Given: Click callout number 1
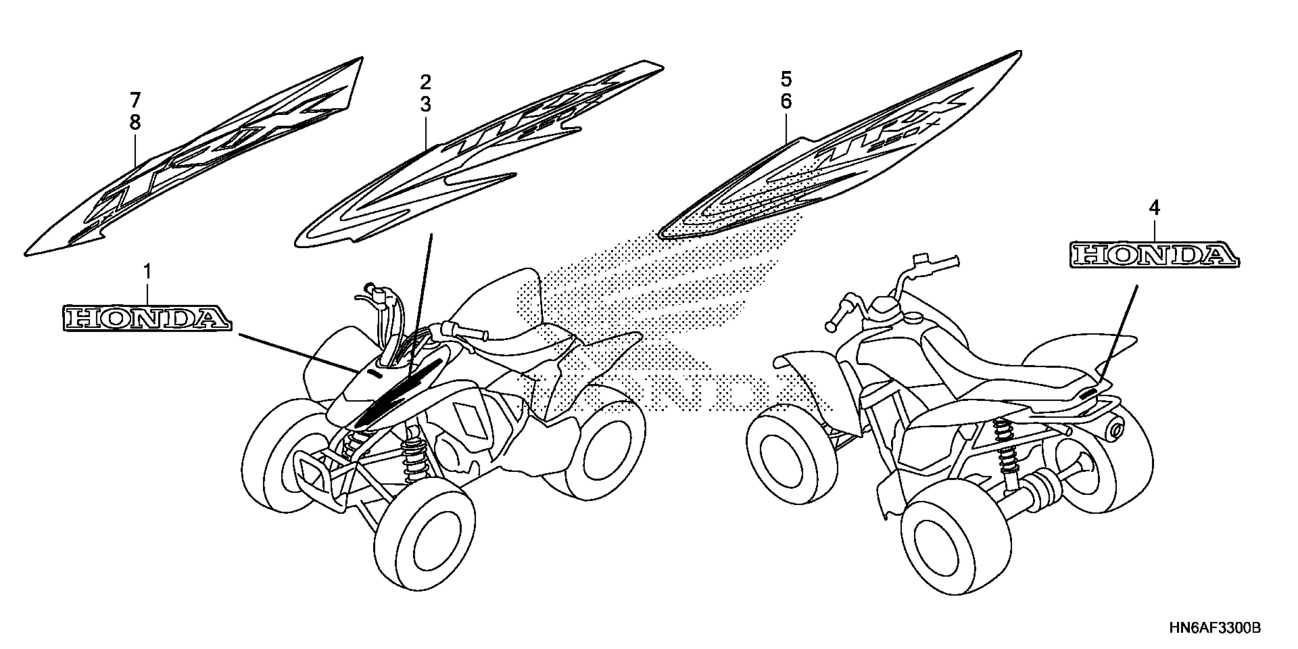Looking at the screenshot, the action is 147,273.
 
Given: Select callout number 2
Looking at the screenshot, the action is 426,82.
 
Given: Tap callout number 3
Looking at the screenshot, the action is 426,105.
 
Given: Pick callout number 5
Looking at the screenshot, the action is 786,79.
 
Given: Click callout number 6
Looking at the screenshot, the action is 786,102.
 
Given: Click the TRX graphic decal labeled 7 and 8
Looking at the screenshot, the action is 202,161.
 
